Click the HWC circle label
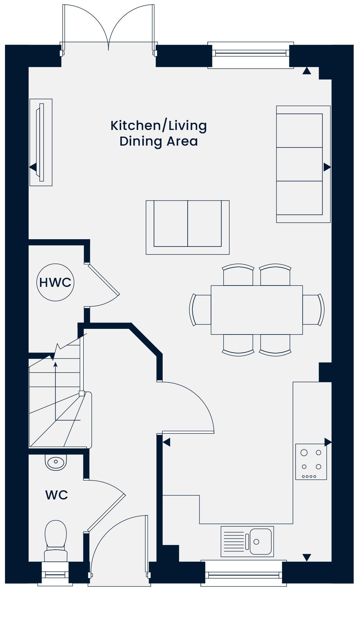coord(55,283)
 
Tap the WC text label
coord(57,495)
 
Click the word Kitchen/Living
coord(159,126)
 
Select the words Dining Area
coord(159,141)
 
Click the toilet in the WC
coord(56,542)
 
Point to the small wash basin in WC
coord(56,462)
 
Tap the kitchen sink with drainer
coord(247,541)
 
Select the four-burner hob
coord(311,462)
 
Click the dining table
coord(257,310)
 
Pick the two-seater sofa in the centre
coord(188,228)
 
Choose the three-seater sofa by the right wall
coord(303,164)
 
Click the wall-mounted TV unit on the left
coord(41,142)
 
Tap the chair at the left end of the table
coord(200,310)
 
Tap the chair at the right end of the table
coord(314,310)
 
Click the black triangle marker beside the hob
coord(328,442)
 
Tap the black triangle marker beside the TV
coord(33,167)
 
